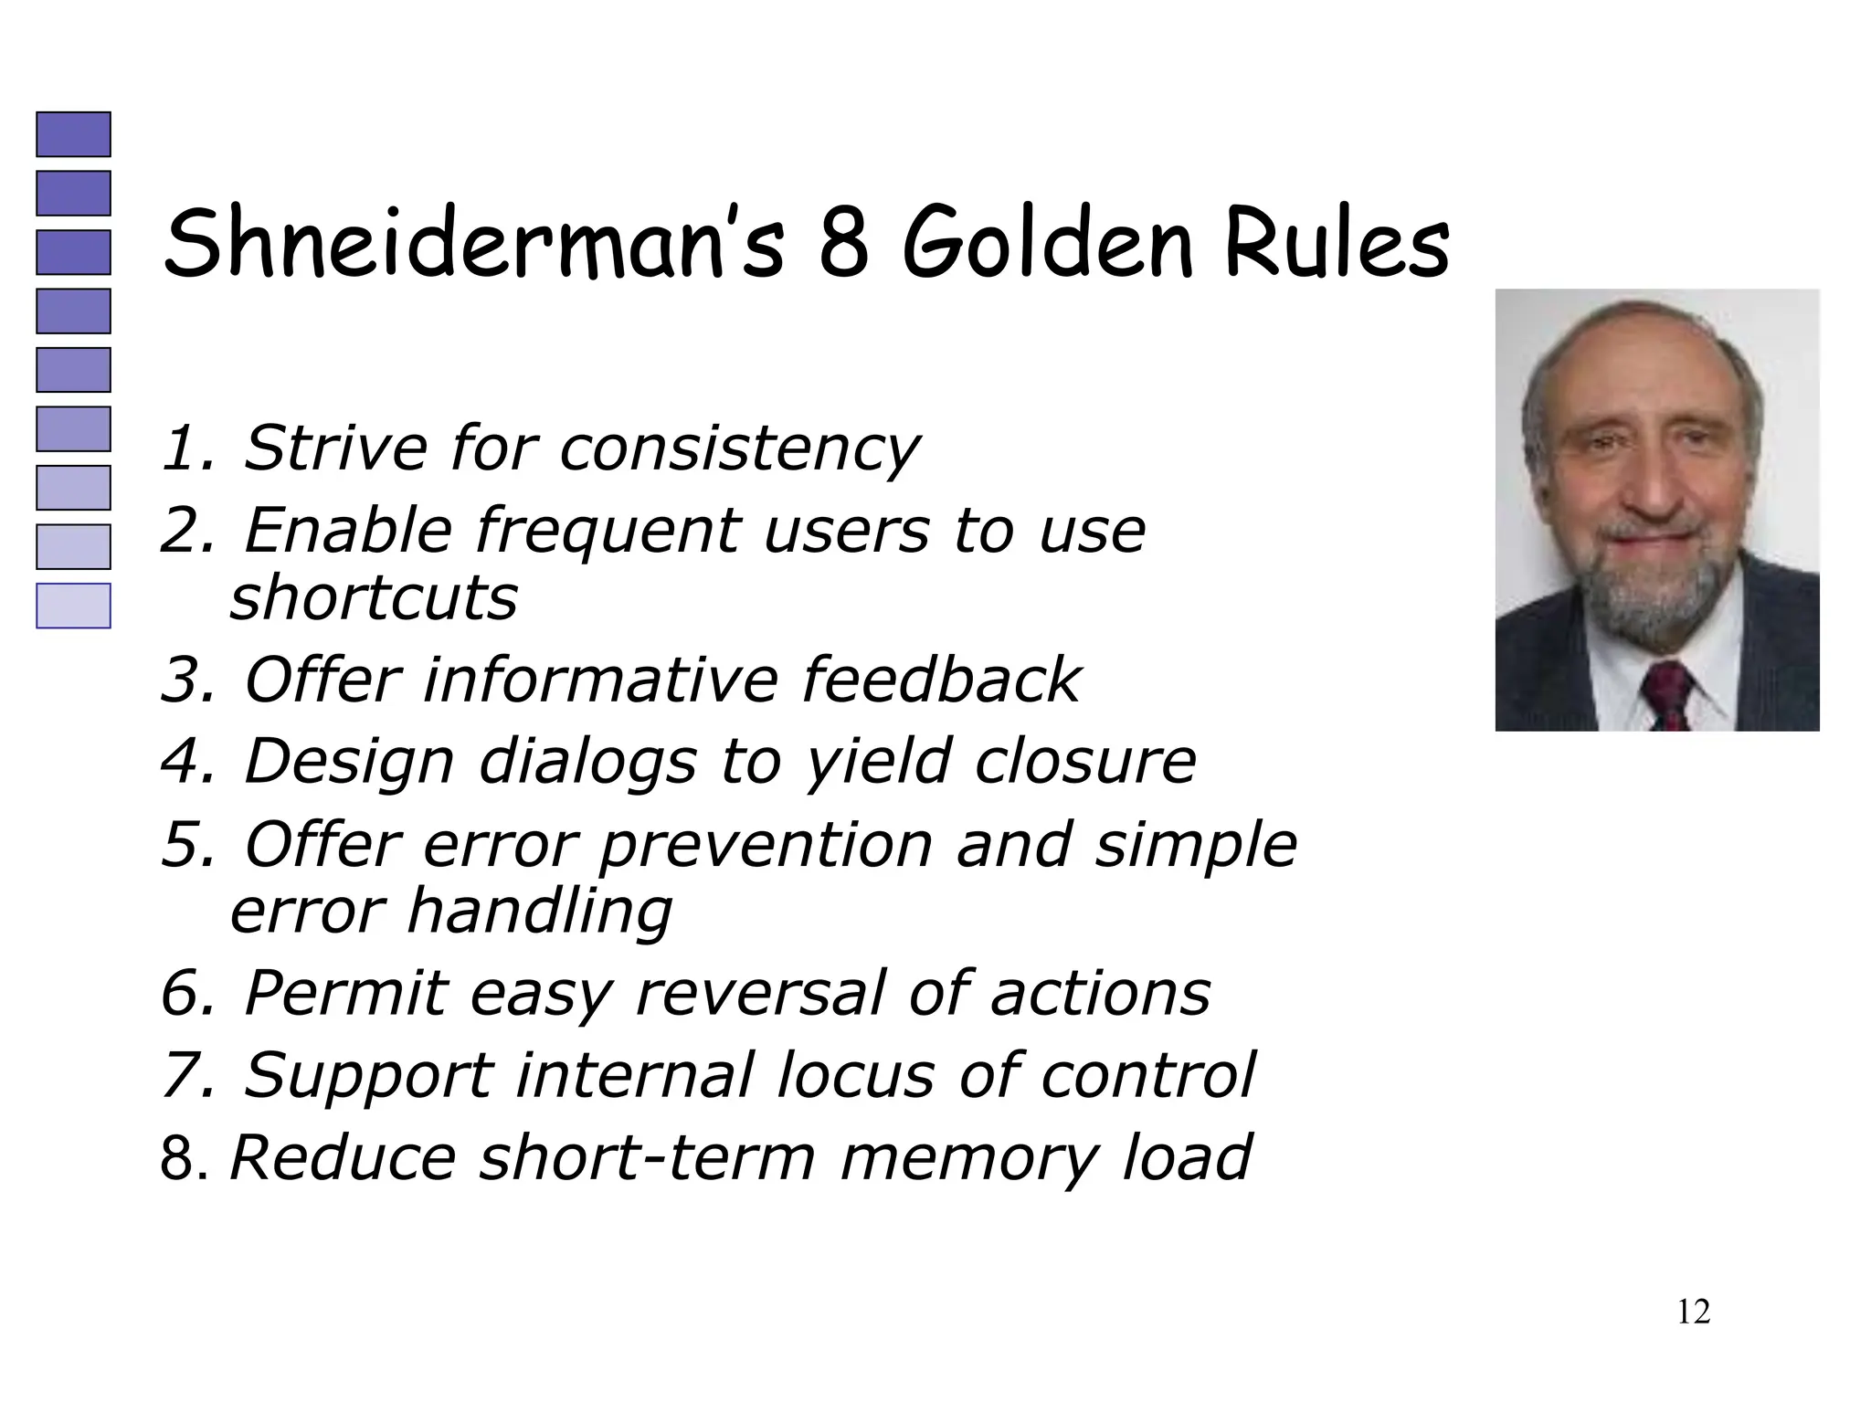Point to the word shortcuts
pos(374,598)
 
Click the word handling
pos(539,912)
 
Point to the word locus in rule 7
pos(855,1075)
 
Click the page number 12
pos(1693,1312)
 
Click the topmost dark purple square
pos(73,134)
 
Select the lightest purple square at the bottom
pos(73,606)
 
